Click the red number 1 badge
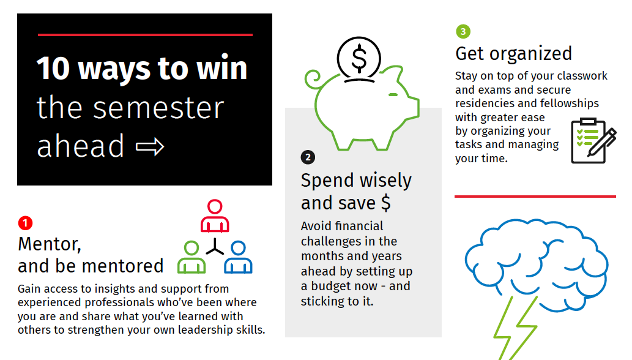pyautogui.click(x=25, y=223)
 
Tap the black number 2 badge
pyautogui.click(x=308, y=157)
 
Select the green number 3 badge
pyautogui.click(x=463, y=31)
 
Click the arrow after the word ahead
pyautogui.click(x=150, y=147)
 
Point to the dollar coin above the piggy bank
pyautogui.click(x=359, y=59)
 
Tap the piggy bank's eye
pyautogui.click(x=393, y=95)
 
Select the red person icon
pyautogui.click(x=215, y=216)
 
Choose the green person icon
pyautogui.click(x=191, y=257)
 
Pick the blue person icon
pyautogui.click(x=238, y=257)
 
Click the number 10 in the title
pyautogui.click(x=54, y=69)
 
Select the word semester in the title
pyautogui.click(x=158, y=108)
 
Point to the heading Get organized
pyautogui.click(x=513, y=54)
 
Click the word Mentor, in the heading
pyautogui.click(x=50, y=244)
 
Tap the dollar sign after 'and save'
pyautogui.click(x=385, y=203)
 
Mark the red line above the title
pyautogui.click(x=145, y=35)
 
